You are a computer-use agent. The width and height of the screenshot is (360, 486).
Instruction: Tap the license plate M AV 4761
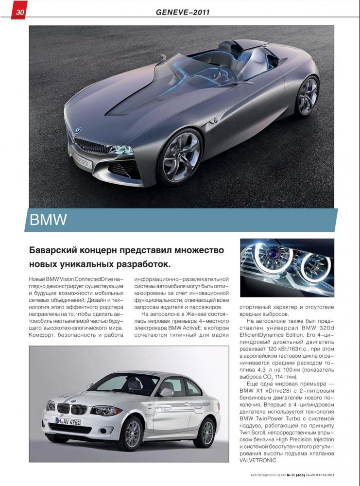(68, 421)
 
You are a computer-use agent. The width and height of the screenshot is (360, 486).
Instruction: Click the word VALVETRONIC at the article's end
(259, 460)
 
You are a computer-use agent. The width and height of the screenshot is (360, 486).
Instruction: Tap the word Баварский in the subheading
(57, 251)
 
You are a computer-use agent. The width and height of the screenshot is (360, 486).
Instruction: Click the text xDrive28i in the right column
(281, 398)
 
